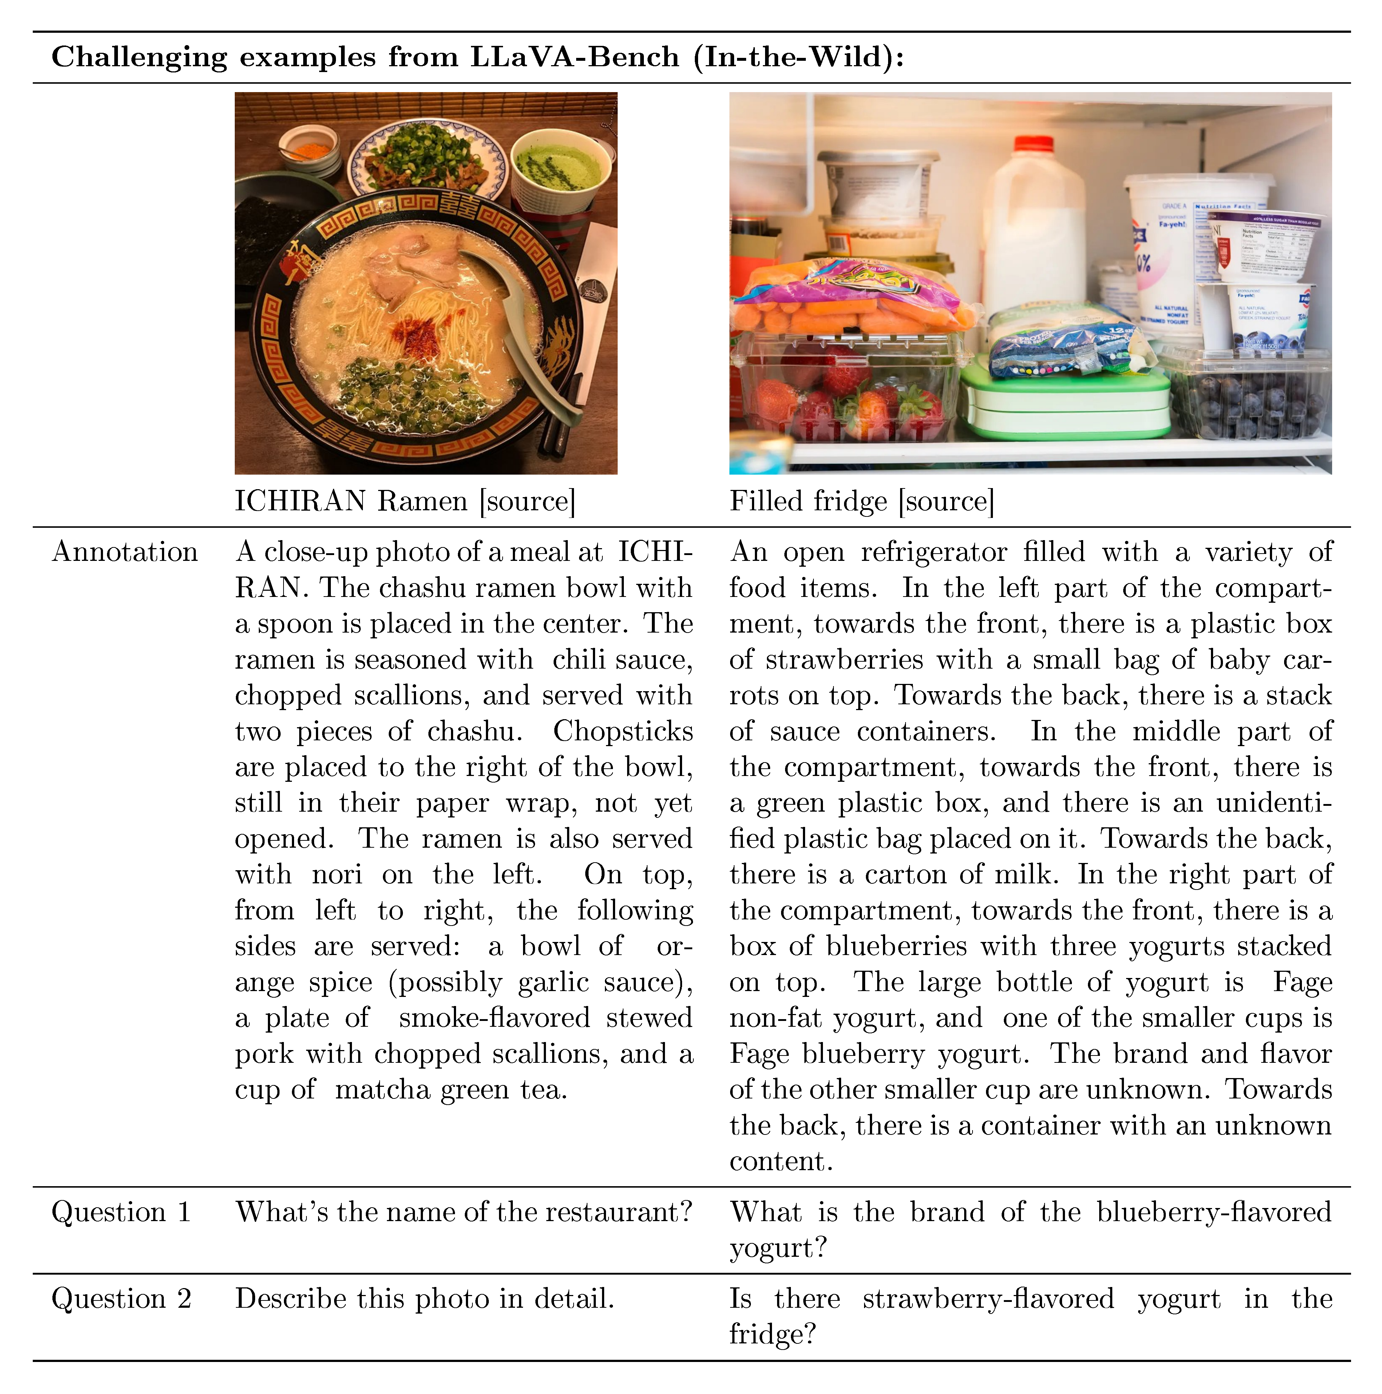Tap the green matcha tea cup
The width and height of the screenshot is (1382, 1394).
[556, 170]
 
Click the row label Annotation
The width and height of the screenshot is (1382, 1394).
[125, 552]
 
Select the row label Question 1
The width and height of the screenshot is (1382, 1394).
[121, 1212]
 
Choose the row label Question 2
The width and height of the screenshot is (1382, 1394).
[121, 1299]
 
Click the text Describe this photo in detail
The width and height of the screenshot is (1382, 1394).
[424, 1299]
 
